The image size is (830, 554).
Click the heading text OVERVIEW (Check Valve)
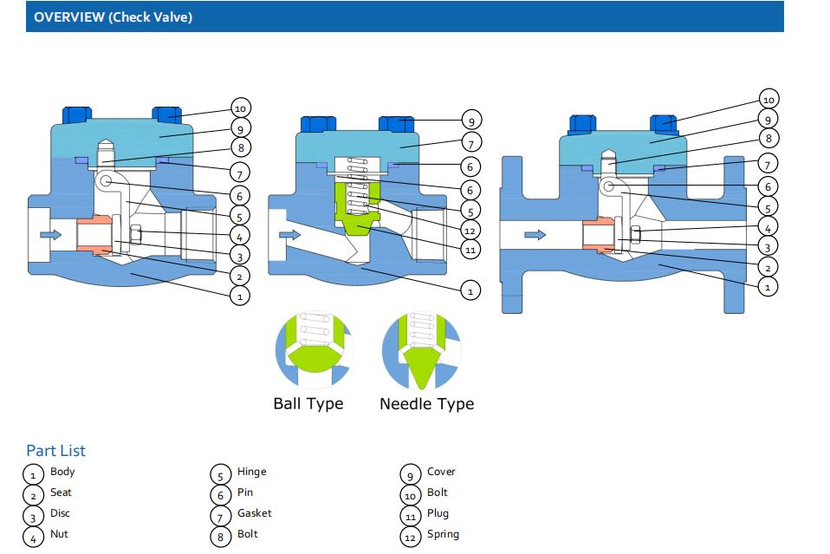[x=113, y=17]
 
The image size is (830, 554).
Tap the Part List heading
[x=55, y=450]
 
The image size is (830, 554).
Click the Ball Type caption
[x=308, y=403]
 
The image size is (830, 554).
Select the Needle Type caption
[x=426, y=403]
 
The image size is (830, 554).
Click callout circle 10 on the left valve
[x=241, y=108]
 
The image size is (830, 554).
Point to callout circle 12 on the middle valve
[x=470, y=231]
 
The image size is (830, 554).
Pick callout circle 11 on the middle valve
[x=470, y=251]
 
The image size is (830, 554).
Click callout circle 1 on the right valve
[x=768, y=285]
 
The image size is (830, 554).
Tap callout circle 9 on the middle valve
[x=470, y=121]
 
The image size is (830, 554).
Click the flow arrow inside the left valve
[x=51, y=234]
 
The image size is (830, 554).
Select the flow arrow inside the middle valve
[x=290, y=234]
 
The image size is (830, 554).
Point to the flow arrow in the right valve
[x=535, y=234]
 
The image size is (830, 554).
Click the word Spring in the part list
[x=443, y=534]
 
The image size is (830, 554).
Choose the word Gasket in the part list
[x=255, y=513]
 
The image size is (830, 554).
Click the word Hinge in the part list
[x=251, y=472]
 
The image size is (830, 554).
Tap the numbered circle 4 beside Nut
[x=33, y=538]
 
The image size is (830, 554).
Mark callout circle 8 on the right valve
[x=768, y=138]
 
